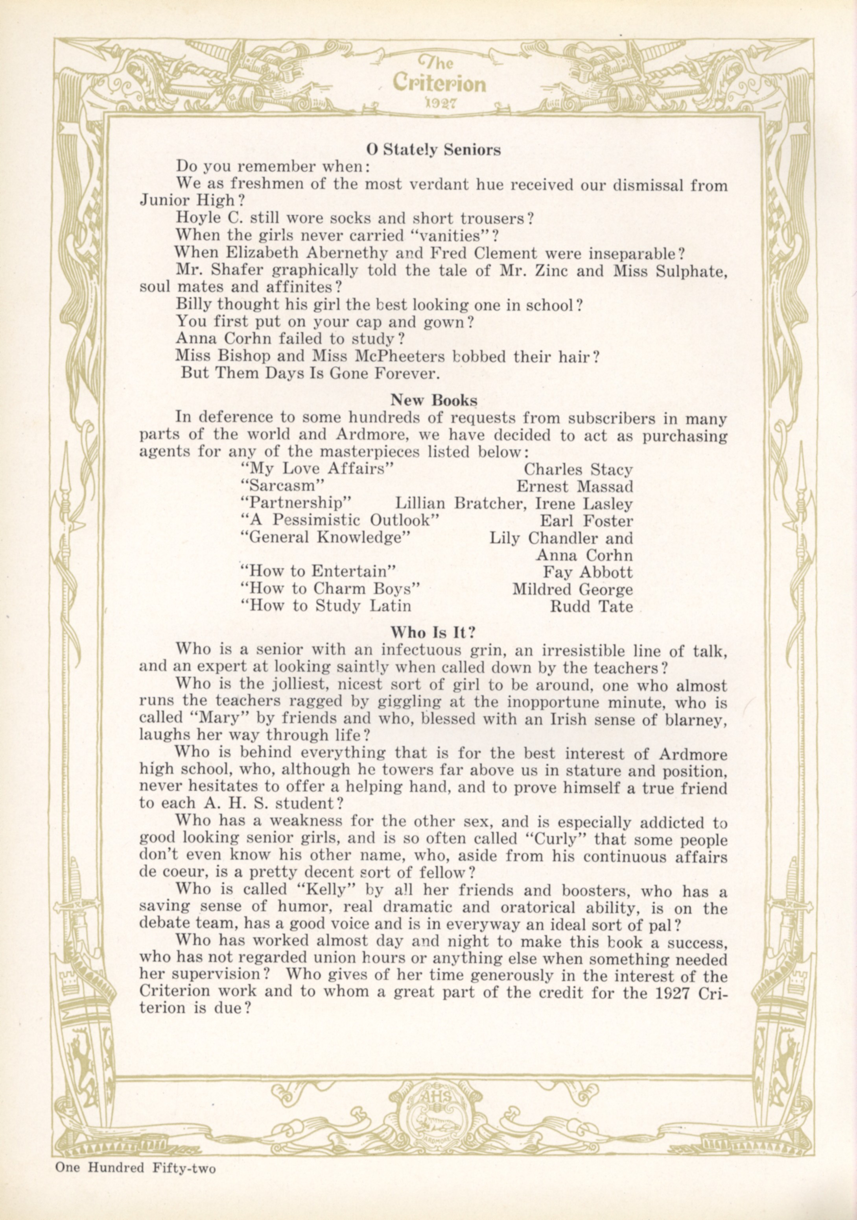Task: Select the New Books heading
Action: (x=433, y=400)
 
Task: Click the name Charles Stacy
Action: (x=578, y=470)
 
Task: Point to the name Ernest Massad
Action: (x=575, y=487)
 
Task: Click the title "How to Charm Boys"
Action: (x=330, y=589)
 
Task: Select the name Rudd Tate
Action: (x=591, y=606)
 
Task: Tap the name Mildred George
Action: (x=572, y=589)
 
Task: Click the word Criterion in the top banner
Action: (x=440, y=83)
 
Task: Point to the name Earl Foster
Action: (x=586, y=521)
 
